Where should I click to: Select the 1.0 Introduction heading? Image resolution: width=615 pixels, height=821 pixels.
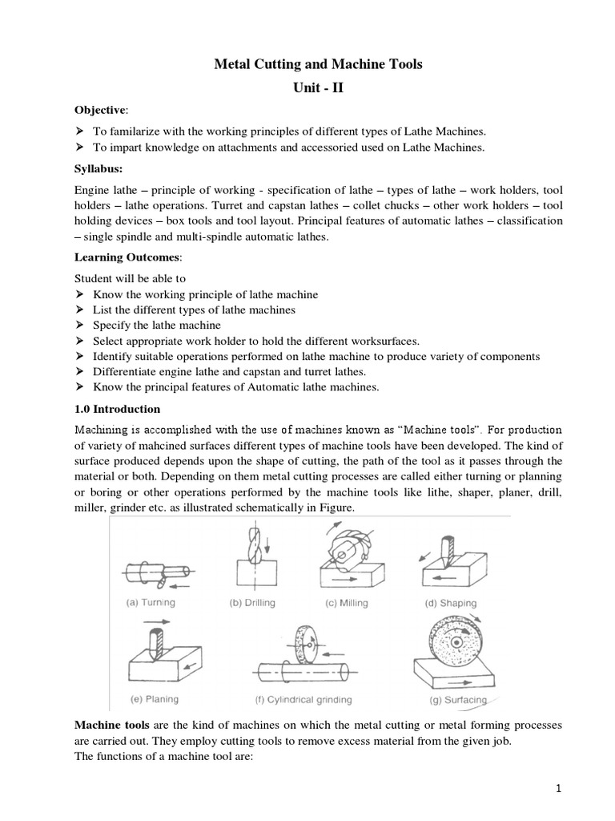click(x=118, y=409)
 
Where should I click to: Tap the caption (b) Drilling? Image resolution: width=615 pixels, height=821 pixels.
click(x=252, y=602)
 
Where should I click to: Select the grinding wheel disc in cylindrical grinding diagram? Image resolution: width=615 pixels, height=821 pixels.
click(x=304, y=649)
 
